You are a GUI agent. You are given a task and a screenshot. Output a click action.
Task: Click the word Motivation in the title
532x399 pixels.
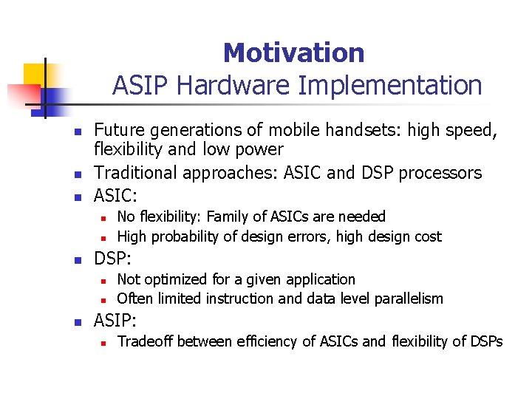pos(293,53)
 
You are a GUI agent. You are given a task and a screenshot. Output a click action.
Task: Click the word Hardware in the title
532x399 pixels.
pos(233,86)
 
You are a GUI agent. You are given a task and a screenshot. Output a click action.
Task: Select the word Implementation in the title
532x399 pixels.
pos(390,86)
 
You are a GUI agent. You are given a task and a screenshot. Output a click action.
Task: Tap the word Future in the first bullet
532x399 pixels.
pos(119,131)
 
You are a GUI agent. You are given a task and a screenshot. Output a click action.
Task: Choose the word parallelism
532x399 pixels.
pos(409,299)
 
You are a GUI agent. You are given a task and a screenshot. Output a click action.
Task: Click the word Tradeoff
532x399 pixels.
pos(145,341)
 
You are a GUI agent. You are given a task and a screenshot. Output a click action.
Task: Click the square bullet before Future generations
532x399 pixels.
pos(75,132)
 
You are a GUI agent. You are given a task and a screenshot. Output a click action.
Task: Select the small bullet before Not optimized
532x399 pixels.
pos(105,281)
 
